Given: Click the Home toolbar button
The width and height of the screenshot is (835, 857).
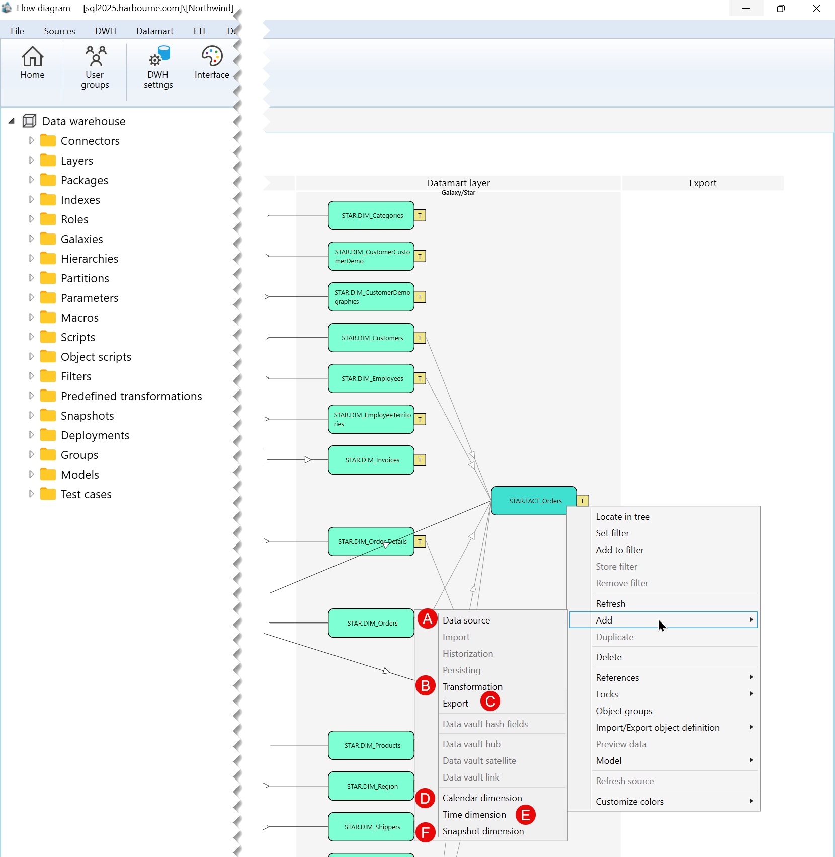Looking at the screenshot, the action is pyautogui.click(x=32, y=63).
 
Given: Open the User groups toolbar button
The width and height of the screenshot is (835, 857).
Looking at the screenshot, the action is pyautogui.click(x=95, y=67).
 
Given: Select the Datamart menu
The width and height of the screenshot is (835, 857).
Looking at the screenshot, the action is pyautogui.click(x=154, y=31).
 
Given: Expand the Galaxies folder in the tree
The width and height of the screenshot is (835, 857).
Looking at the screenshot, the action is pyautogui.click(x=31, y=239).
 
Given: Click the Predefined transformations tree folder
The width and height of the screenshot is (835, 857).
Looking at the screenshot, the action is pyautogui.click(x=131, y=396).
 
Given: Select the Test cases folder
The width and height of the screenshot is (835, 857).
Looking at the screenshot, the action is pyautogui.click(x=86, y=494).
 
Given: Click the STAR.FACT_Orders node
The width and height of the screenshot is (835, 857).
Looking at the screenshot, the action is pyautogui.click(x=534, y=501).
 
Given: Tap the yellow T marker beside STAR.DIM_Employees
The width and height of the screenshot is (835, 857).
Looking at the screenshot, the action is pyautogui.click(x=420, y=378).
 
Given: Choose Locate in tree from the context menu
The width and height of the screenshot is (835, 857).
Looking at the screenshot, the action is pyautogui.click(x=623, y=517).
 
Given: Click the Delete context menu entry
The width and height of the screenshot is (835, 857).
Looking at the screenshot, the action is pyautogui.click(x=609, y=657).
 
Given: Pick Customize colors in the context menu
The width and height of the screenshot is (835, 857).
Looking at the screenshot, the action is pyautogui.click(x=630, y=802).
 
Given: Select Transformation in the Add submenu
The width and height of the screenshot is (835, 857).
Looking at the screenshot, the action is pyautogui.click(x=472, y=687).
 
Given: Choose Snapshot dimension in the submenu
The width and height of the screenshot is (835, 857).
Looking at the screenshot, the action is pyautogui.click(x=483, y=831).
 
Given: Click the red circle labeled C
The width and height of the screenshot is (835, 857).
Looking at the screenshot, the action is pyautogui.click(x=490, y=702).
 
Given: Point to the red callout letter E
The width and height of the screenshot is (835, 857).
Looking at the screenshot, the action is pyautogui.click(x=526, y=815).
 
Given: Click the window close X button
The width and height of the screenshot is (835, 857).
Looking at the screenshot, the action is pyautogui.click(x=816, y=8).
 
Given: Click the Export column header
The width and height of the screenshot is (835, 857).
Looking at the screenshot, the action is pyautogui.click(x=703, y=183).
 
